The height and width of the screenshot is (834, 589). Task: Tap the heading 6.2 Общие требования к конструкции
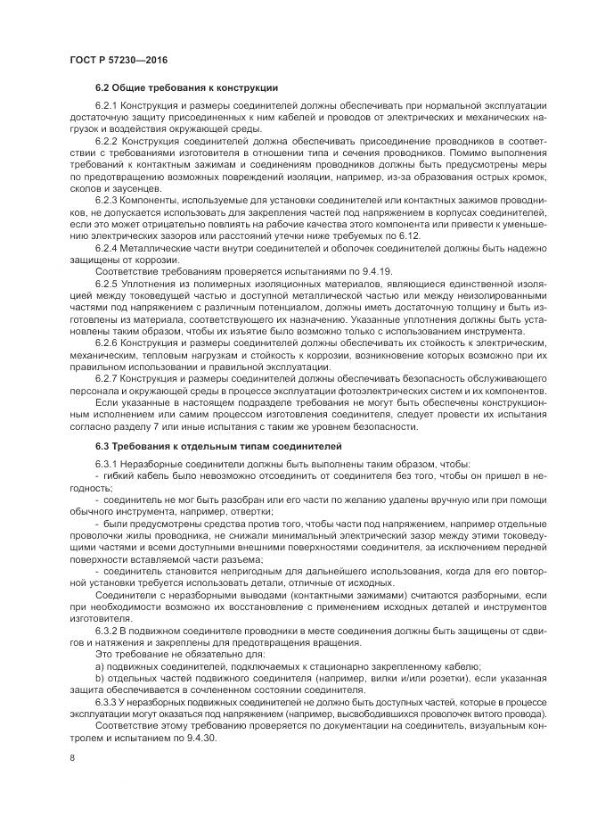click(x=186, y=87)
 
